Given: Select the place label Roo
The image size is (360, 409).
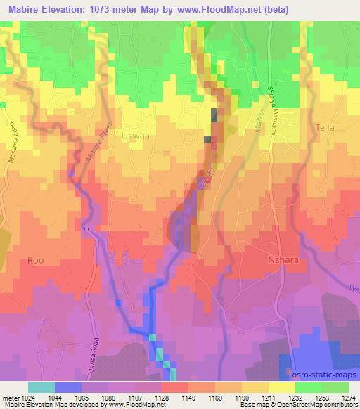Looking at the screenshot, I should click(x=36, y=260).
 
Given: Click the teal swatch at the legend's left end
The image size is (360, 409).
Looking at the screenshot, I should click(x=41, y=387).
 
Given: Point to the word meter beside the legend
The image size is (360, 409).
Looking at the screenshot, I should click(x=10, y=398).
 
